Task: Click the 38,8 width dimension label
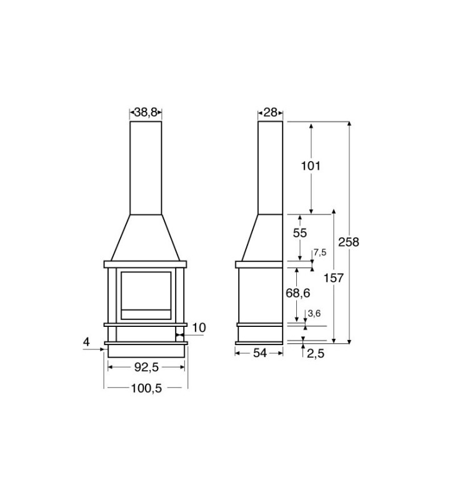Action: pyautogui.click(x=146, y=112)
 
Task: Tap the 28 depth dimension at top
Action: pyautogui.click(x=271, y=113)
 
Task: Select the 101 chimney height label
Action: pyautogui.click(x=311, y=166)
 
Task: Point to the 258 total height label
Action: pyautogui.click(x=349, y=242)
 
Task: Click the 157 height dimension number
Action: pyautogui.click(x=334, y=278)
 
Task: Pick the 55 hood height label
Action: pyautogui.click(x=300, y=233)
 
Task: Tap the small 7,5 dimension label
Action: pyautogui.click(x=320, y=252)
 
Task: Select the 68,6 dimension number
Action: pyautogui.click(x=297, y=293)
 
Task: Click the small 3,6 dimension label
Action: pyautogui.click(x=314, y=314)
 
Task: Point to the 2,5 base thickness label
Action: pyautogui.click(x=316, y=353)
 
